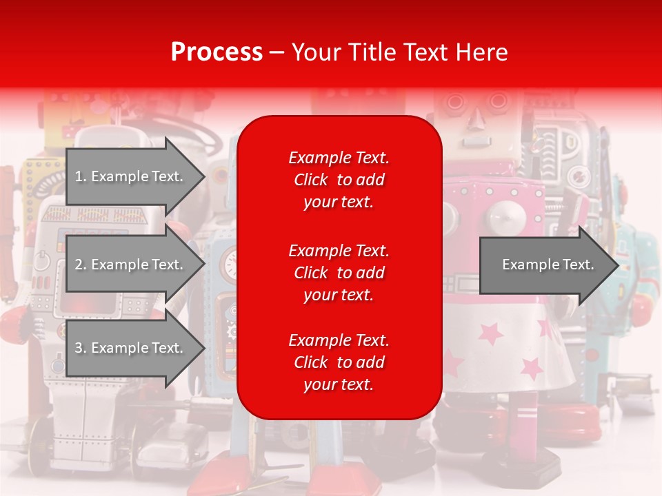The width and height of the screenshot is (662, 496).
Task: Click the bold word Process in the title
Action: [x=217, y=52]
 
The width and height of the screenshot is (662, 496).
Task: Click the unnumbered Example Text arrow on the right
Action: [x=548, y=265]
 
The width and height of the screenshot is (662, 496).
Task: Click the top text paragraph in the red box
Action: [x=339, y=180]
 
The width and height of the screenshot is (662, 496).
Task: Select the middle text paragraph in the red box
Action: [x=339, y=273]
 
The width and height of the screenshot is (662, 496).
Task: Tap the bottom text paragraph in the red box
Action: [x=339, y=362]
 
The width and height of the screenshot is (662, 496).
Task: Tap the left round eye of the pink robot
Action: [x=454, y=103]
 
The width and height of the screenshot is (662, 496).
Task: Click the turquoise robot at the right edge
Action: [x=638, y=276]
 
